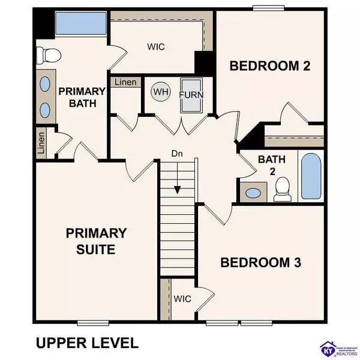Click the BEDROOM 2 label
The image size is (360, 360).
point(270,66)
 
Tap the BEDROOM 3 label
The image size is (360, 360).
point(260,262)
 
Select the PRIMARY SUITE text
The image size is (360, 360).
point(97,241)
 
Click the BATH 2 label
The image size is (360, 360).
point(267,165)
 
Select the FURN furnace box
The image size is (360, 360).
point(191,95)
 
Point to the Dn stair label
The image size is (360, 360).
point(177,154)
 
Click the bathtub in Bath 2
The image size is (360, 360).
point(311,177)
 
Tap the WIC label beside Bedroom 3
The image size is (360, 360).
point(183,298)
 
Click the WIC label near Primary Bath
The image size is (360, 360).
point(156,46)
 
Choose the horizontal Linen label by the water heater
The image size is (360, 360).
point(124,82)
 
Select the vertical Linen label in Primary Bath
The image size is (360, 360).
point(41,143)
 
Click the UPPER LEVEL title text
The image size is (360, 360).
point(86,343)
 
